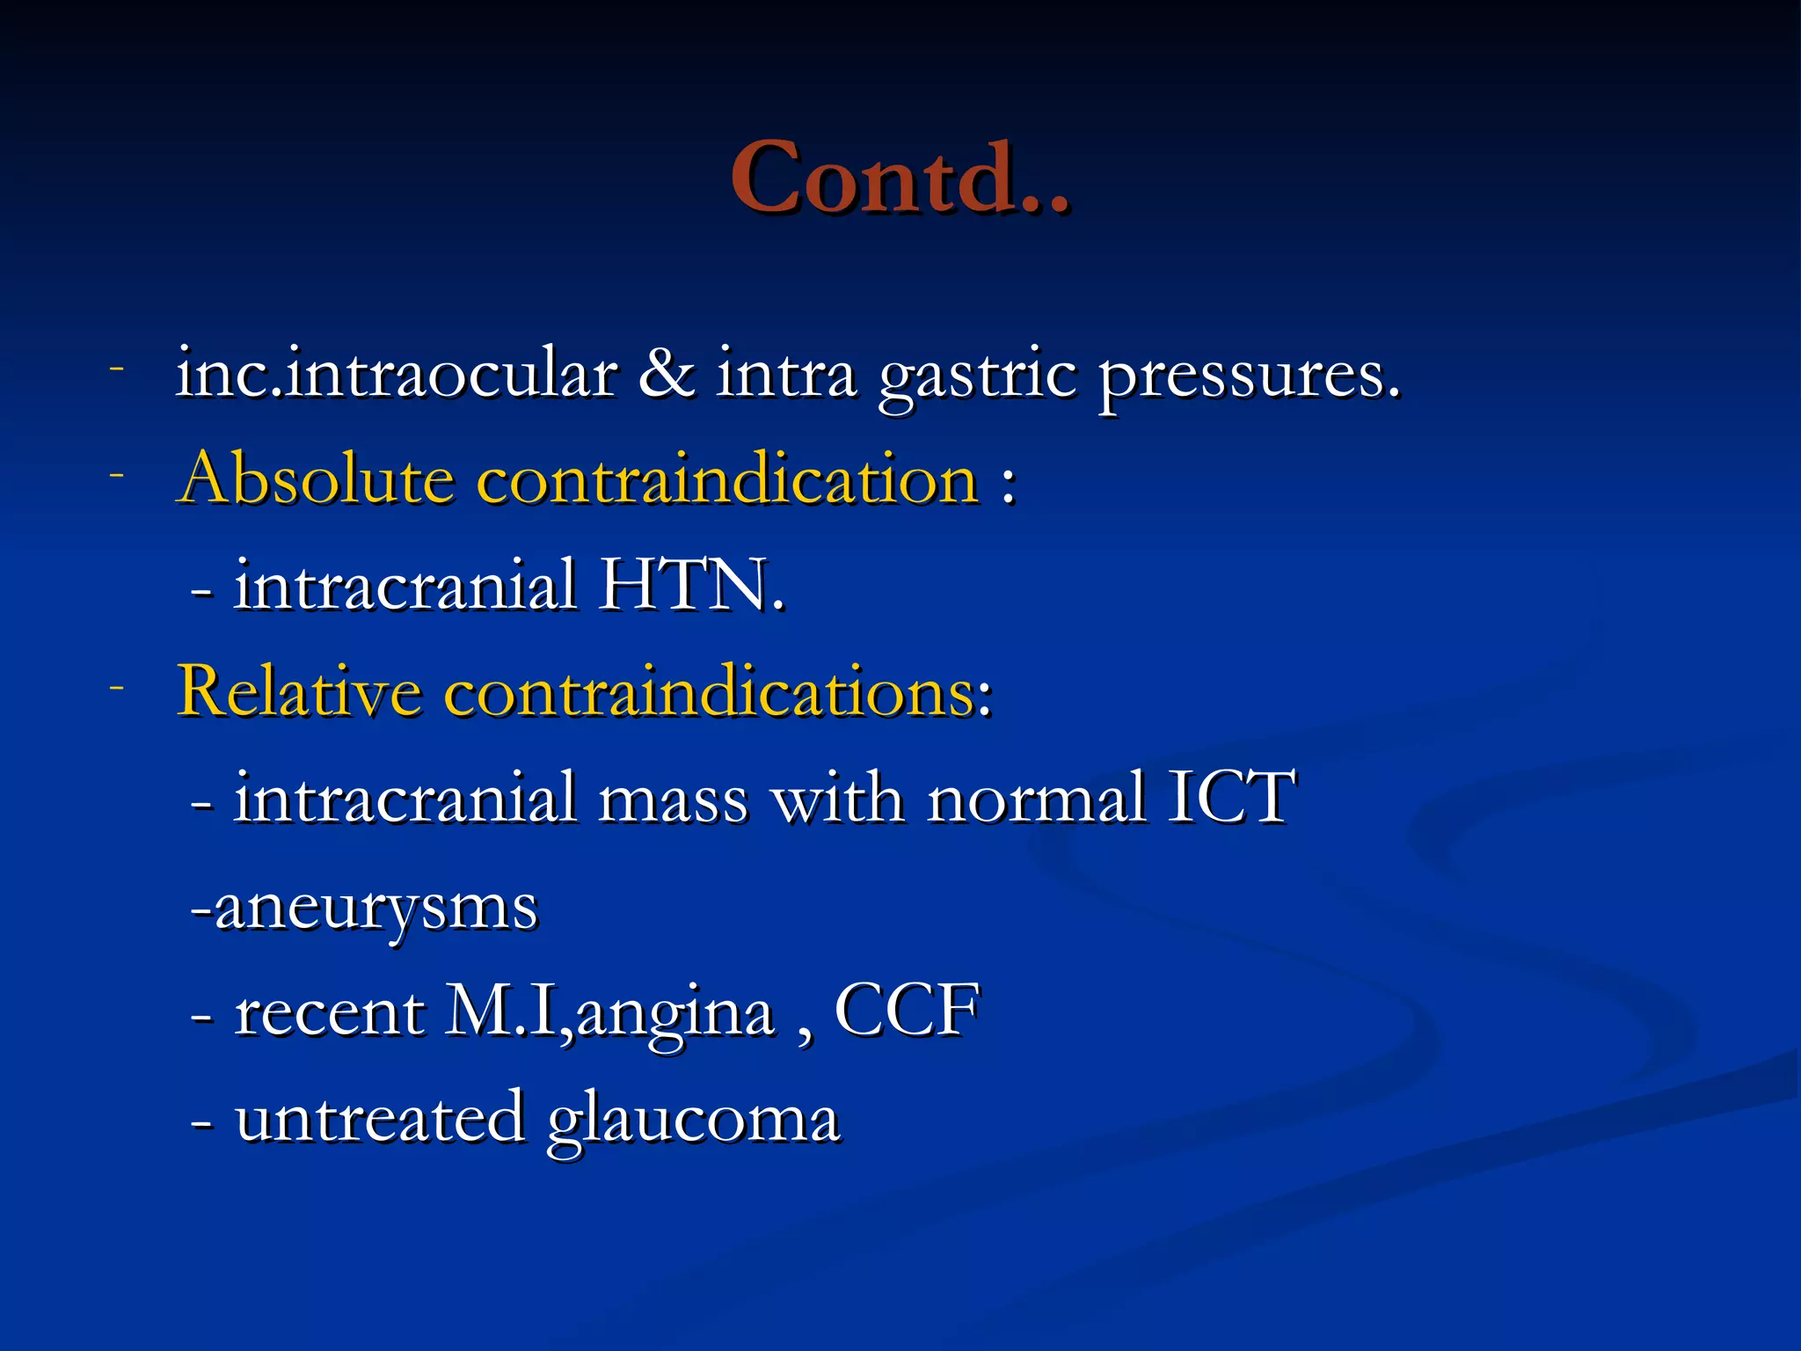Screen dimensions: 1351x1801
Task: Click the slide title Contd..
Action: click(899, 179)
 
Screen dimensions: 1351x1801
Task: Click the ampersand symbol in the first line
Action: click(666, 374)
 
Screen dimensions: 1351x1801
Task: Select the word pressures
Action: click(1249, 378)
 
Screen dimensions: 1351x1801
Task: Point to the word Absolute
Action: click(316, 479)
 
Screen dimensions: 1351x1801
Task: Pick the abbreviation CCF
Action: click(907, 1011)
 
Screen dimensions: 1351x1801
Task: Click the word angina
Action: click(675, 1016)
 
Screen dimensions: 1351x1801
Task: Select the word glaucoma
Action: click(693, 1122)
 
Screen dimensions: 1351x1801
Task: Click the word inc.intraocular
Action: click(396, 374)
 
